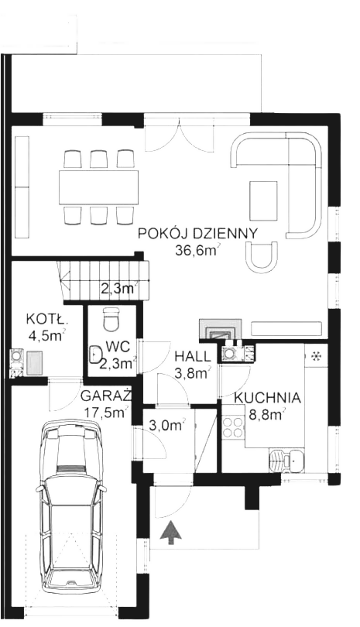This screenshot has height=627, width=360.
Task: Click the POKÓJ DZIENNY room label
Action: tap(197, 234)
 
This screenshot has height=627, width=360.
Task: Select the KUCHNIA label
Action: tap(267, 398)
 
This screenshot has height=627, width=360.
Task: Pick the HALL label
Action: tap(192, 355)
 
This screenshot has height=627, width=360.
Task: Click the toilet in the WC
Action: tap(111, 319)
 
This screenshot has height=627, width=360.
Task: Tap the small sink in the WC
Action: tap(95, 355)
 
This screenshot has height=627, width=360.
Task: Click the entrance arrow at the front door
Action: tap(171, 533)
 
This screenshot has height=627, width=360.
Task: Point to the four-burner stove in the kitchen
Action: tap(233, 427)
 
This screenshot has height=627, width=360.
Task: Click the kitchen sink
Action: tap(287, 461)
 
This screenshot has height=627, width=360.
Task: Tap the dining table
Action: tap(98, 187)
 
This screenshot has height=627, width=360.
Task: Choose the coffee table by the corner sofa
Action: tap(263, 199)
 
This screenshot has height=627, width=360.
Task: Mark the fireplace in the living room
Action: tap(221, 329)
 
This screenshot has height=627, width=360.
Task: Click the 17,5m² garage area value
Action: tap(106, 412)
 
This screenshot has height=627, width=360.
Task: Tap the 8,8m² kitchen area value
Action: tap(267, 414)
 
